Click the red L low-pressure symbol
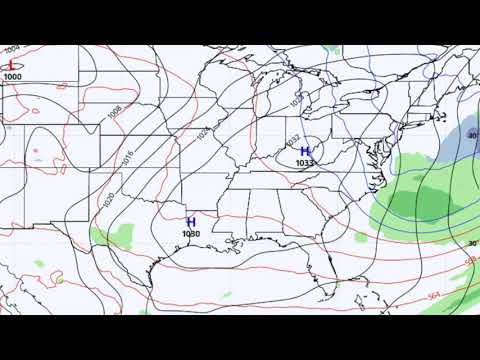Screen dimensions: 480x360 coord(12,65)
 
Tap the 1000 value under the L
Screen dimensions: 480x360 coord(12,77)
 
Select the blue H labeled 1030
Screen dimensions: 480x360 coord(191,221)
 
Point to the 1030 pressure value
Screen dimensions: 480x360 coord(191,233)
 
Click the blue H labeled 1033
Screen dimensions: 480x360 coord(305,151)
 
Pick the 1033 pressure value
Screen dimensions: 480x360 coord(305,162)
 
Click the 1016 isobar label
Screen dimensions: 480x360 coord(127,158)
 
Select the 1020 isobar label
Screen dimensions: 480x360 coord(108,199)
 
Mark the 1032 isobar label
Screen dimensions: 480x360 coord(292,140)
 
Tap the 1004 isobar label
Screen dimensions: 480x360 coord(12,48)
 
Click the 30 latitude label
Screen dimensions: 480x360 coord(471,243)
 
